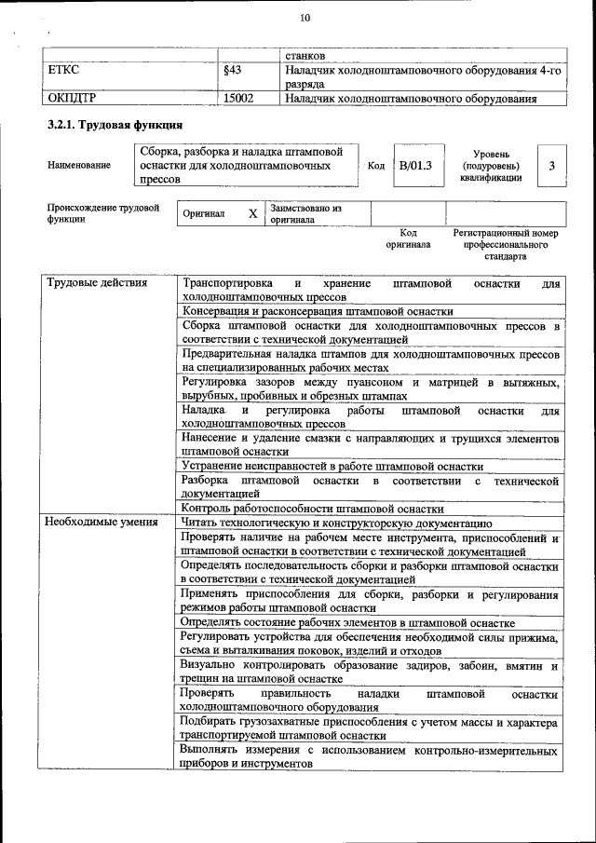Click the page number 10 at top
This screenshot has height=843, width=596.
click(x=305, y=19)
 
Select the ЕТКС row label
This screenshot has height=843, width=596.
click(x=63, y=69)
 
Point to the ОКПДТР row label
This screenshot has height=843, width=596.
click(x=72, y=97)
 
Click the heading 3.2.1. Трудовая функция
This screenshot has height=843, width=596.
click(x=114, y=125)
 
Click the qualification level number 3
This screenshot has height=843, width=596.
click(x=552, y=166)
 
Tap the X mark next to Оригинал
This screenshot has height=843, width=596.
click(x=252, y=213)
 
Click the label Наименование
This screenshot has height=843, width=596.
click(x=78, y=166)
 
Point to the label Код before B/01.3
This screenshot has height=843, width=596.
click(x=376, y=166)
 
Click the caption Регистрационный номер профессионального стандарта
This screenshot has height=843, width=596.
click(x=505, y=244)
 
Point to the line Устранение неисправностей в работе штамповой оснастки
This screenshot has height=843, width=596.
click(x=332, y=466)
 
